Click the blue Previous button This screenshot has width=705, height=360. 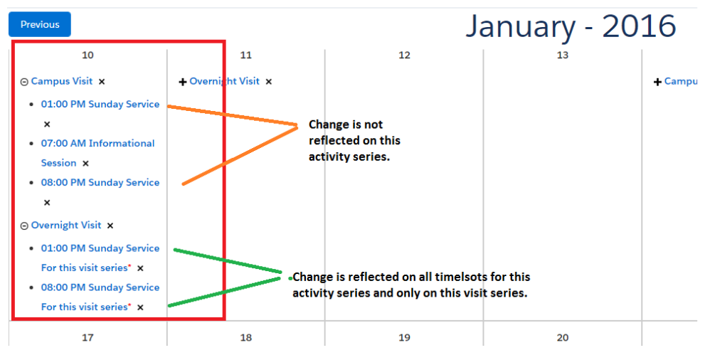pyautogui.click(x=40, y=24)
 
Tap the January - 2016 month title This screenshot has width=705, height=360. pyautogui.click(x=571, y=26)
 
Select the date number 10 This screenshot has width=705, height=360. pyautogui.click(x=88, y=55)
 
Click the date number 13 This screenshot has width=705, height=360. pyautogui.click(x=563, y=55)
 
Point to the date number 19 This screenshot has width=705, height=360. pyautogui.click(x=404, y=337)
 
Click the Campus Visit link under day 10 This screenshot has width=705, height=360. pyautogui.click(x=62, y=81)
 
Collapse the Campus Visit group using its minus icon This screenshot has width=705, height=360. pyautogui.click(x=24, y=82)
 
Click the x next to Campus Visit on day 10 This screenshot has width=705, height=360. pyautogui.click(x=102, y=82)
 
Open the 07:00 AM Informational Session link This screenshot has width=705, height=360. pyautogui.click(x=97, y=153)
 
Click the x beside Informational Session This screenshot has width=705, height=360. pyautogui.click(x=85, y=164)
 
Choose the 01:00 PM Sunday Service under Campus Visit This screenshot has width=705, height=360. pyautogui.click(x=100, y=105)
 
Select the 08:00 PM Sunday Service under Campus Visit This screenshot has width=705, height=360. pyautogui.click(x=100, y=182)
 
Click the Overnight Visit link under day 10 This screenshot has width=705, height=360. pyautogui.click(x=66, y=225)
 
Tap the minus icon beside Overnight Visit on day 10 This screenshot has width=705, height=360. pyautogui.click(x=24, y=226)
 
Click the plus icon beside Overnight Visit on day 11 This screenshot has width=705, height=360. pyautogui.click(x=183, y=82)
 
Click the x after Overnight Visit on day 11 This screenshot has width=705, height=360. pyautogui.click(x=268, y=82)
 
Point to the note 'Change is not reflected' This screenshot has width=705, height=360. pyautogui.click(x=354, y=140)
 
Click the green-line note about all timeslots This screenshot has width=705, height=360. pyautogui.click(x=411, y=285)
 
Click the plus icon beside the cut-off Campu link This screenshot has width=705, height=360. pyautogui.click(x=657, y=82)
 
